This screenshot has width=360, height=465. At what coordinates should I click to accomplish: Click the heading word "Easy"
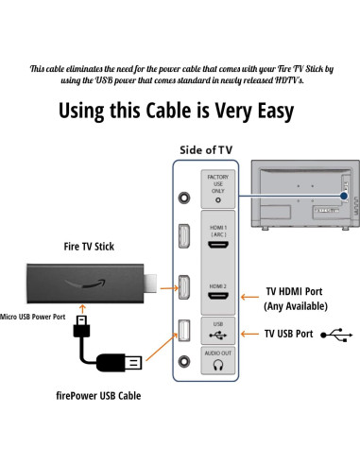tap(266, 111)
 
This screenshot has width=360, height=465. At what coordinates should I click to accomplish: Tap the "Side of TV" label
tap(205, 150)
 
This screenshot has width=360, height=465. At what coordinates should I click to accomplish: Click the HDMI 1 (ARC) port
tap(218, 244)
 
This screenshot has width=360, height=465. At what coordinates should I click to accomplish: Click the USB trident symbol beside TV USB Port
tap(336, 334)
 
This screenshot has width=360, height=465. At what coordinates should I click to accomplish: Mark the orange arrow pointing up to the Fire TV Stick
tap(82, 309)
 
